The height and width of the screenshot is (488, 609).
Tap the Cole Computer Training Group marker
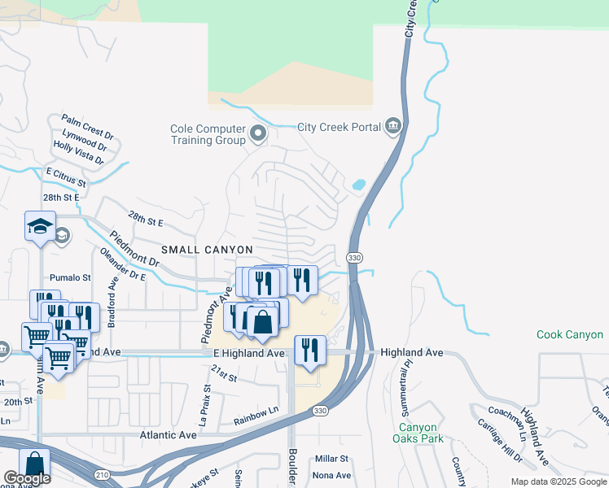pyautogui.click(x=259, y=133)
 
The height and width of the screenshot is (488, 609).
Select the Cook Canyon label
pyautogui.click(x=570, y=334)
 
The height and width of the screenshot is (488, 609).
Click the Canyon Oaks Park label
pyautogui.click(x=418, y=434)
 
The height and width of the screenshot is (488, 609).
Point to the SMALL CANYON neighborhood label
pyautogui.click(x=207, y=249)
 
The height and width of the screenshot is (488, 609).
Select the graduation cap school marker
pyautogui.click(x=39, y=228)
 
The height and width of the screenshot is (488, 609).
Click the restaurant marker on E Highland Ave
pyautogui.click(x=310, y=350)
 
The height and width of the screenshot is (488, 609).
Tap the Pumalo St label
pyautogui.click(x=71, y=277)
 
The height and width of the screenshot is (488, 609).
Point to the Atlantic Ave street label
pyautogui.click(x=169, y=435)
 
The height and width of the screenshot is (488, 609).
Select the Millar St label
pyautogui.click(x=332, y=460)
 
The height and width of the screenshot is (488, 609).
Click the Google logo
pyautogui.click(x=27, y=477)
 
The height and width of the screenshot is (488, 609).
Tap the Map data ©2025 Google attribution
pyautogui.click(x=558, y=481)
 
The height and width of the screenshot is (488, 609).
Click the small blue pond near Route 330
pyautogui.click(x=358, y=185)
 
